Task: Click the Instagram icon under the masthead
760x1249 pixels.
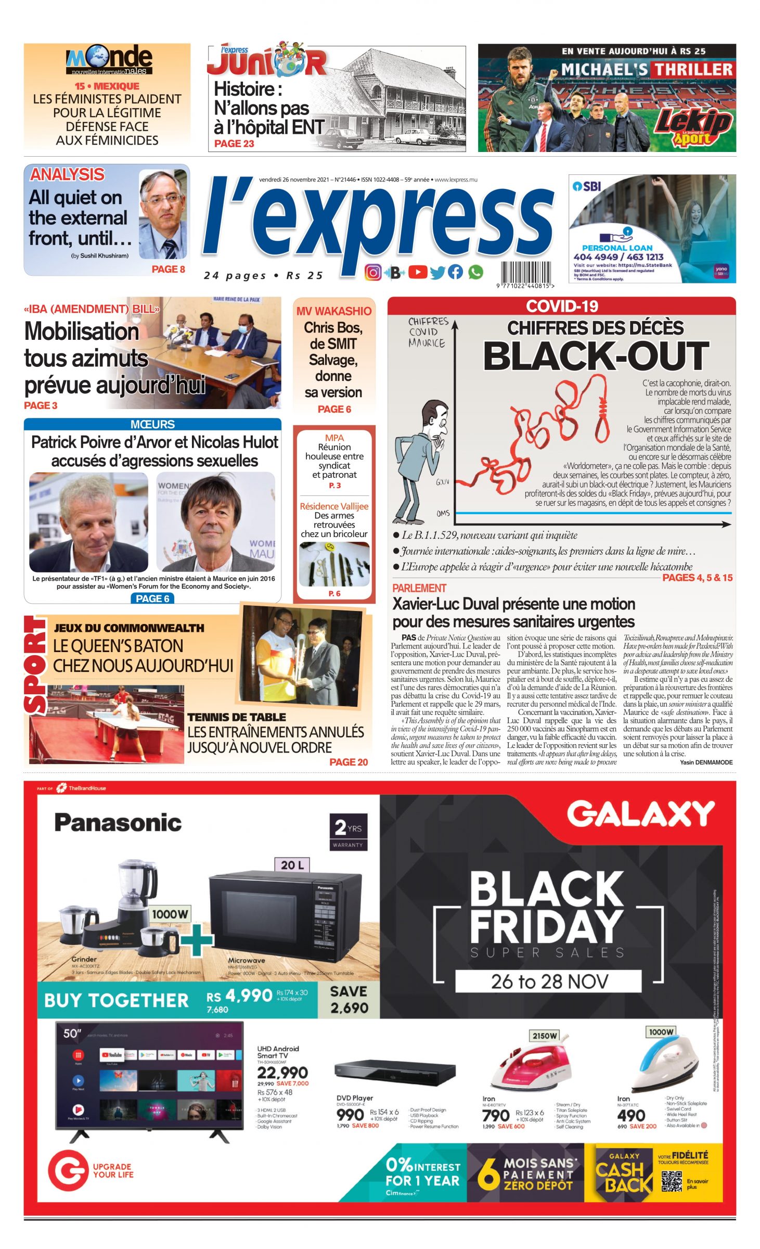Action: [x=372, y=272]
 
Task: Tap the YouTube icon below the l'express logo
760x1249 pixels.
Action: [x=417, y=272]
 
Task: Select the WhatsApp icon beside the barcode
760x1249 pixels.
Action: [x=475, y=272]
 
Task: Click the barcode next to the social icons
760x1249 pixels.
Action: [x=526, y=272]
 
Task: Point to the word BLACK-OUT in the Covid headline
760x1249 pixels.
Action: [x=596, y=356]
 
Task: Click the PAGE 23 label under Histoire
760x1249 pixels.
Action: [x=234, y=144]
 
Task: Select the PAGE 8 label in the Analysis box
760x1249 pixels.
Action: [x=168, y=269]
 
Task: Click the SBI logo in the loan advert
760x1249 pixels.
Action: [x=586, y=186]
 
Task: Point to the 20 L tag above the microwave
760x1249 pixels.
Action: [x=292, y=865]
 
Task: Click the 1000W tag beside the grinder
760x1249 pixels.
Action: [x=170, y=914]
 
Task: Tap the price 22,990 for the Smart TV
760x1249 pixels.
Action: [x=282, y=1072]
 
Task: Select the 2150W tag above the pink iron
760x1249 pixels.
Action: [x=544, y=1036]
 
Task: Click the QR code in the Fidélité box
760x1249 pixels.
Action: [x=671, y=1181]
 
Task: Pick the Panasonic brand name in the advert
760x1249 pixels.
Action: [x=118, y=823]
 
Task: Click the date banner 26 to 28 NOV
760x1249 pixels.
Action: [x=548, y=981]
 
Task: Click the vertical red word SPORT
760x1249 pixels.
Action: [x=35, y=665]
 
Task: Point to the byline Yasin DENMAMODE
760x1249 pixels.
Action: [x=706, y=762]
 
